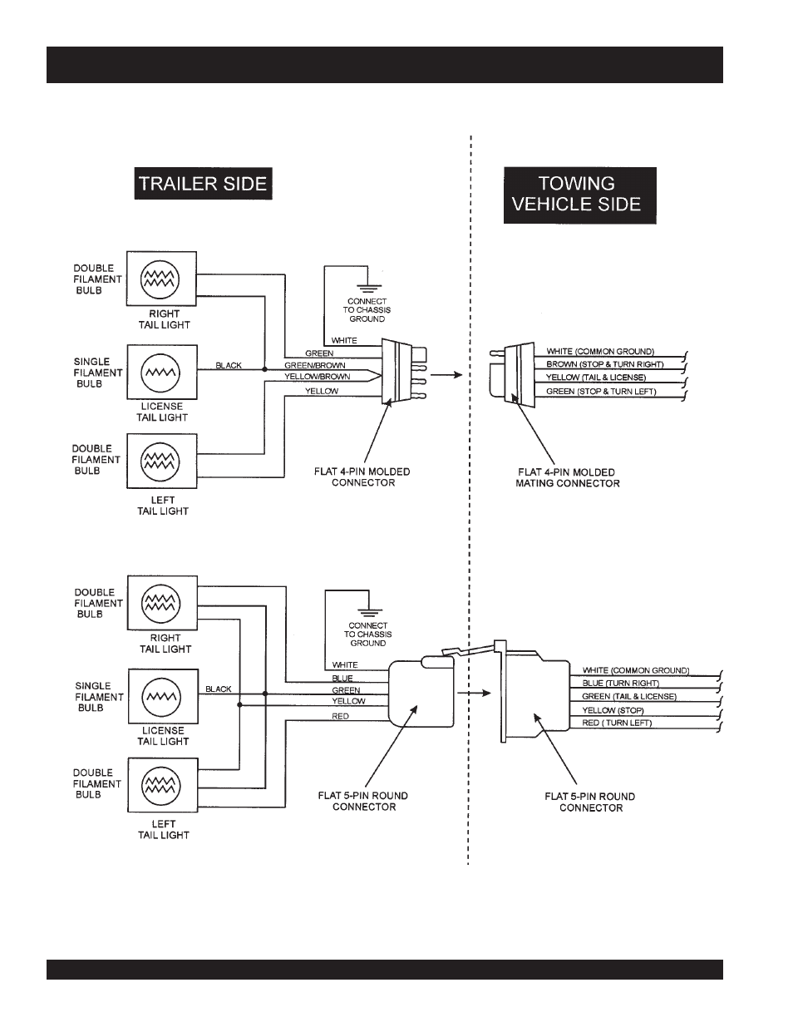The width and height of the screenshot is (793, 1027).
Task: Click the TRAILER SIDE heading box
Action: click(x=203, y=184)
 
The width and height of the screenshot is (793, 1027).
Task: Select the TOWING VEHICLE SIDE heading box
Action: click(x=580, y=195)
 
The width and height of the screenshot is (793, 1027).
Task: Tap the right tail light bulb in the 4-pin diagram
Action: click(x=160, y=279)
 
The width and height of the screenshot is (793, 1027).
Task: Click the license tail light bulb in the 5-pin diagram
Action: click(x=161, y=696)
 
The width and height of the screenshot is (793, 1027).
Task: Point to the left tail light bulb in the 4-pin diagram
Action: click(x=160, y=462)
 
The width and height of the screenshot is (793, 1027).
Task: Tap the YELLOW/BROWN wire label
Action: click(x=317, y=377)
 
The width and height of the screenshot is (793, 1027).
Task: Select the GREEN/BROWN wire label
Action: click(x=314, y=365)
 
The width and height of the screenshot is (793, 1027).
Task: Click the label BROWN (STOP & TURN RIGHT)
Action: click(x=605, y=364)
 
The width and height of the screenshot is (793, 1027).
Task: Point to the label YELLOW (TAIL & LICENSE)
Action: click(x=596, y=378)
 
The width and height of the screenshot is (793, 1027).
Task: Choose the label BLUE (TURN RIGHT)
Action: click(x=621, y=683)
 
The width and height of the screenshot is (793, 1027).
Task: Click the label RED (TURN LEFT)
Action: click(x=617, y=723)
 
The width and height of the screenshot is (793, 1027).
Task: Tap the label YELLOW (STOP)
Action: click(x=613, y=710)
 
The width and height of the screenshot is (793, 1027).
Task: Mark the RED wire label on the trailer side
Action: click(x=340, y=717)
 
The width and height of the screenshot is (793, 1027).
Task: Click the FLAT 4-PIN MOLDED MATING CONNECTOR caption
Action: click(x=567, y=478)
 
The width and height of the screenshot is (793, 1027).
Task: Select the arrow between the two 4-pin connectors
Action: click(x=446, y=375)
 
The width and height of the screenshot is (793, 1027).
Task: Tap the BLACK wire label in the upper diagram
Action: click(x=229, y=365)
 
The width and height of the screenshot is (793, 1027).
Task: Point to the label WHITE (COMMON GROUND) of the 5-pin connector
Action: click(x=636, y=670)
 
